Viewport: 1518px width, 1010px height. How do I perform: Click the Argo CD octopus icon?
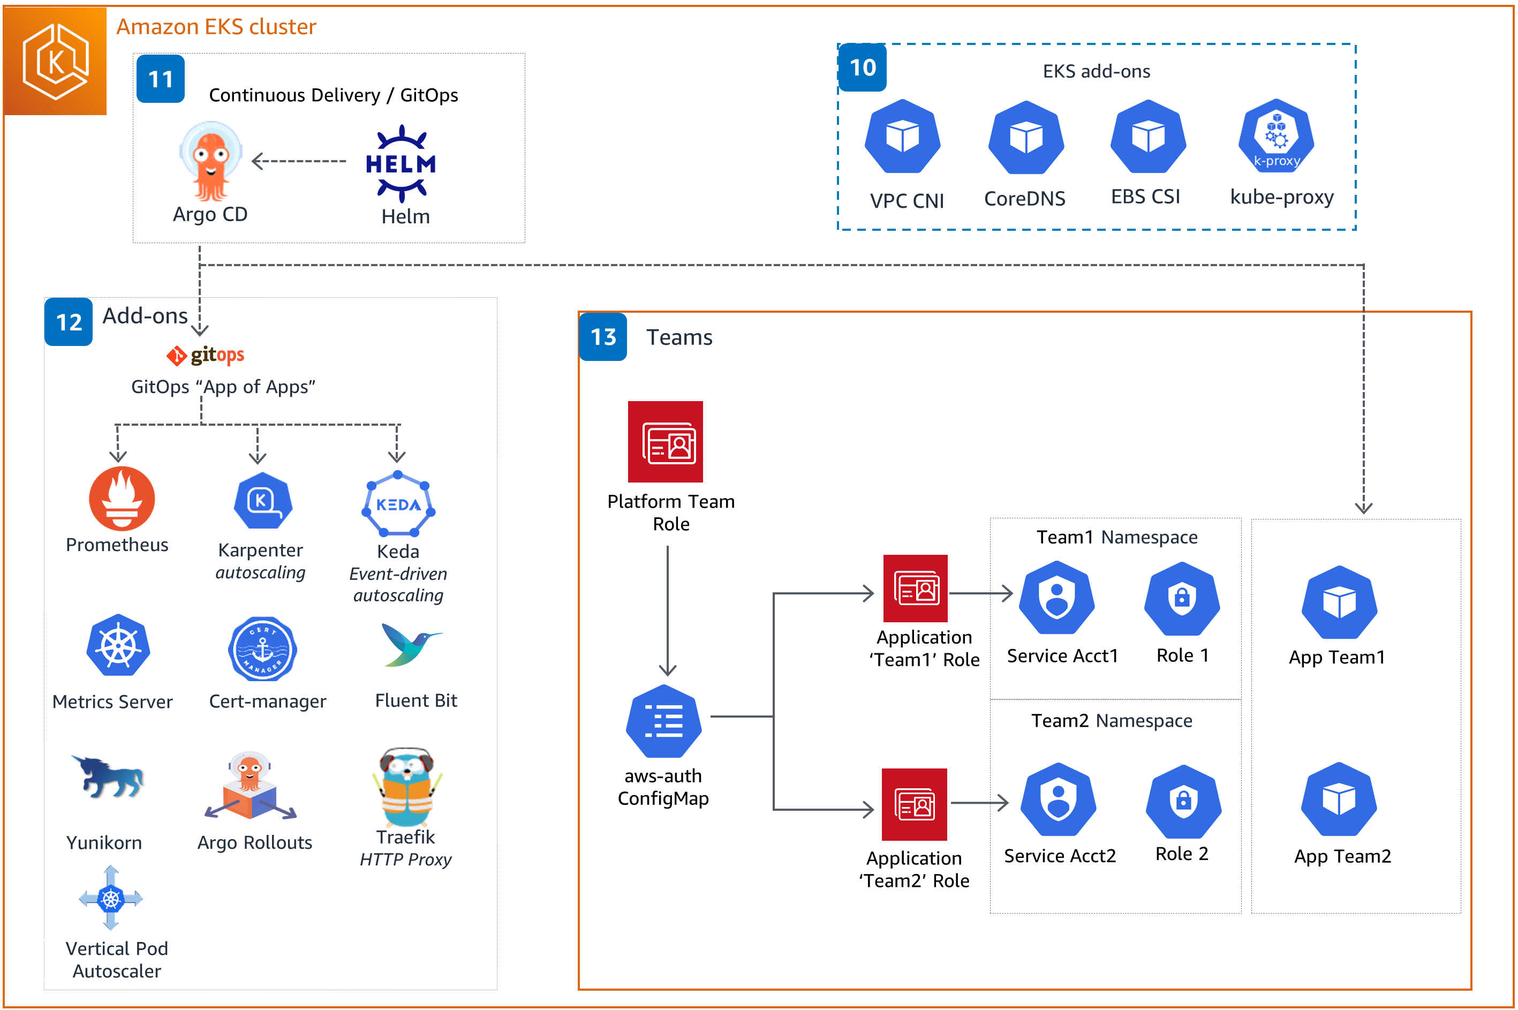point(210,161)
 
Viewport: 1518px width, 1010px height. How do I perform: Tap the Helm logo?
point(401,164)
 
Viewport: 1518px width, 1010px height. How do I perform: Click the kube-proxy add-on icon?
point(1275,137)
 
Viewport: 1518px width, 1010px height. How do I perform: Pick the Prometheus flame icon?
point(121,499)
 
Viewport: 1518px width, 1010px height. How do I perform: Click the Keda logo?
point(398,504)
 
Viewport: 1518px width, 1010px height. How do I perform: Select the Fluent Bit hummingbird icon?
point(409,644)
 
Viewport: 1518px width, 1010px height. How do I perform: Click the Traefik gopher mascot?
point(406,787)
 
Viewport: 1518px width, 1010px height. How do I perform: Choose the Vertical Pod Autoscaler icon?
point(111,898)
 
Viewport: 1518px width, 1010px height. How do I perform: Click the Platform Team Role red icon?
point(664,442)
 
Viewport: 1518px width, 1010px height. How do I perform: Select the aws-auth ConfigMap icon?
point(663,721)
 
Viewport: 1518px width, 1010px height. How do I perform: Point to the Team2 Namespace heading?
point(1111,720)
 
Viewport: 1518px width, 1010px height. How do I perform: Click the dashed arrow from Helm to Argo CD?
point(299,161)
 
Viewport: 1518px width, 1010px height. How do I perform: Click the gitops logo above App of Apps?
point(205,355)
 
